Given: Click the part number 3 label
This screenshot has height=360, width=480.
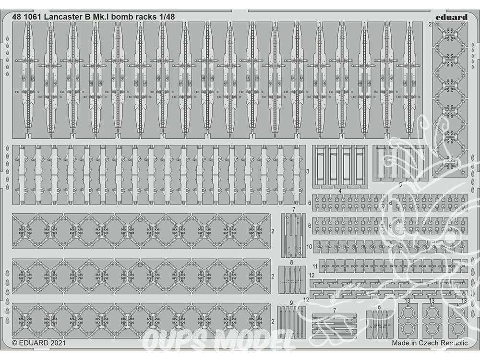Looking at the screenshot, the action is tap(308, 172).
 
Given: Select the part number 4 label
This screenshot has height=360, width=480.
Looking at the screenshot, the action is tap(340, 191).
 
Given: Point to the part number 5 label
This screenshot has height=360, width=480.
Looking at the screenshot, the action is tap(400, 185).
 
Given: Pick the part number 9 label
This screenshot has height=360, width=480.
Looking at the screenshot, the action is tap(291, 303).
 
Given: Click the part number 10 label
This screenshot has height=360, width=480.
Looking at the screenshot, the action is tap(309, 246).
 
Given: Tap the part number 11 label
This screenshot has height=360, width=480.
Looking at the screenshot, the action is tap(315, 266).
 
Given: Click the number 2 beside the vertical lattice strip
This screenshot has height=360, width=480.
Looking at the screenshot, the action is tap(430, 24).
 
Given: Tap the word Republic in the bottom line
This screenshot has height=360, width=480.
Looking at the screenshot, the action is tap(455, 343).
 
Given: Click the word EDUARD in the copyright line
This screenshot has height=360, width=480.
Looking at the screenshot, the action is tap(34, 343).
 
